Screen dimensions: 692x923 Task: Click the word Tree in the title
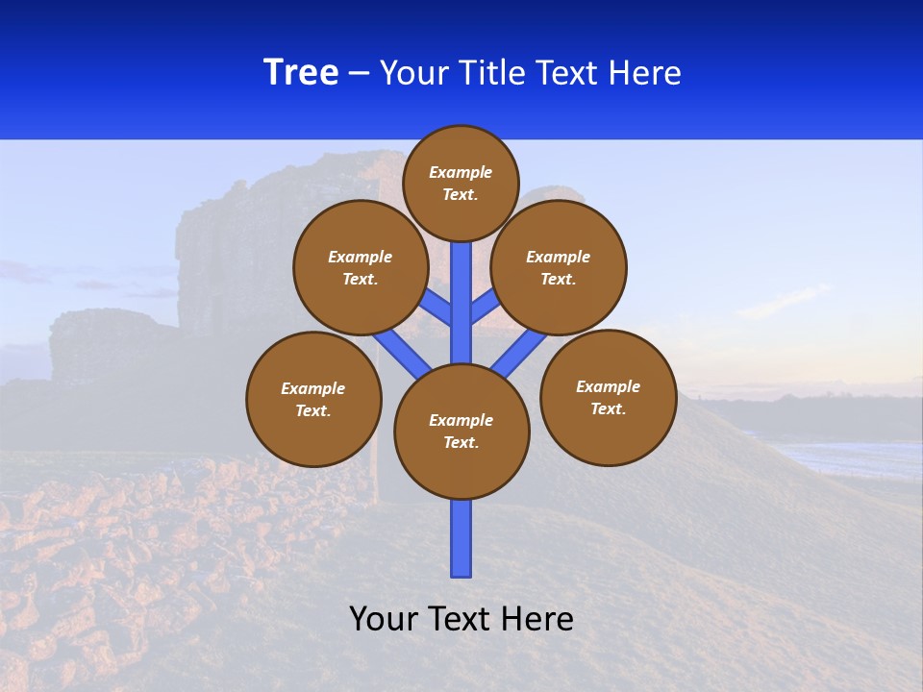301,73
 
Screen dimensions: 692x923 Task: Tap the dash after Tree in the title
359,74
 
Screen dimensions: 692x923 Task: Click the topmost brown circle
461,183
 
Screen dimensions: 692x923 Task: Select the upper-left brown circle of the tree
361,267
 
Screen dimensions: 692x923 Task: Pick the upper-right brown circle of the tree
559,267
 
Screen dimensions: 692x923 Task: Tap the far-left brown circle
313,399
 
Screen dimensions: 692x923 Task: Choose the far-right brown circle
608,397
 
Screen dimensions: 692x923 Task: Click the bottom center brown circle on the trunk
461,432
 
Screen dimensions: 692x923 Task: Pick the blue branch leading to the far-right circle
519,351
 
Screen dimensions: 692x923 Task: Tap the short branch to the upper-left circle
437,308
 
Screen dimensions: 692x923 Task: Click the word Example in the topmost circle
461,172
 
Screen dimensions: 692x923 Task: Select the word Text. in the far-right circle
608,408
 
